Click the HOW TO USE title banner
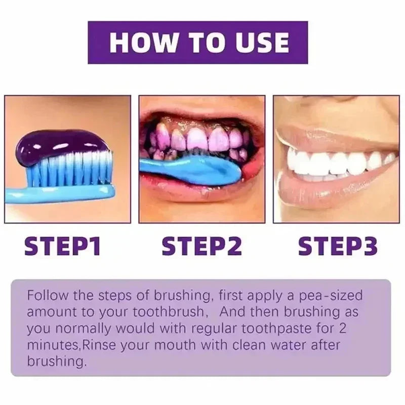tap(198, 42)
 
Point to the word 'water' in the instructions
tap(288, 345)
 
